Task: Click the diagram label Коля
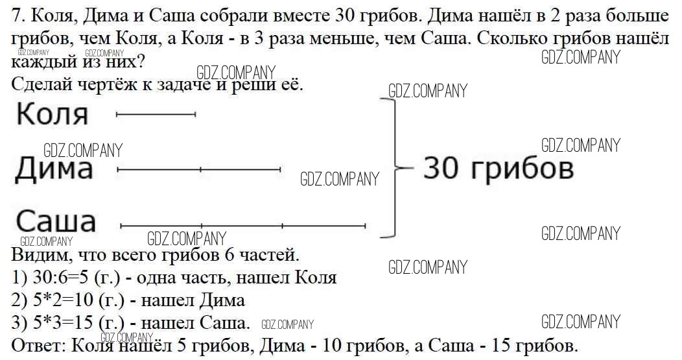pos(53,114)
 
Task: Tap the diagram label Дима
pos(54,169)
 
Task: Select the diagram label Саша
pos(56,221)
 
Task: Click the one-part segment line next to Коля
pos(156,114)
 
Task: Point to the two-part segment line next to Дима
pos(199,169)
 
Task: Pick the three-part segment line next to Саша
pos(243,226)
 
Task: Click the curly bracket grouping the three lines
pos(394,168)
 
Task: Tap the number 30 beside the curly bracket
pos(441,169)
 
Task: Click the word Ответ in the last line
pos(38,346)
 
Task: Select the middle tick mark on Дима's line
pos(200,169)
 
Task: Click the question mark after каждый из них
pos(140,62)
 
